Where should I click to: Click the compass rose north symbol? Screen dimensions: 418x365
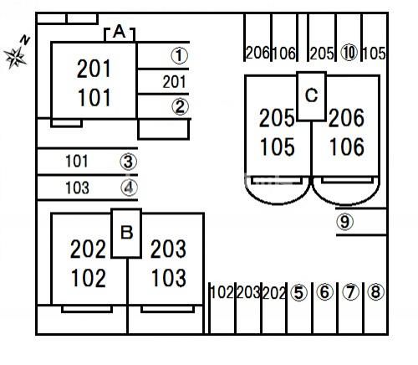(x=16, y=53)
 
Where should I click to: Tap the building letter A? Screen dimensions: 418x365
(x=120, y=32)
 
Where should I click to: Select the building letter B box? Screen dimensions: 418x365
(x=126, y=234)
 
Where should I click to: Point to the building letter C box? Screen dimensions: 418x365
(x=311, y=96)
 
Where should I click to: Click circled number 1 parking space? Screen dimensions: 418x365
(x=164, y=55)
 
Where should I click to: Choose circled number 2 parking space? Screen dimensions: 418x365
(x=164, y=106)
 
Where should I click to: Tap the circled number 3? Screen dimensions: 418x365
(x=129, y=162)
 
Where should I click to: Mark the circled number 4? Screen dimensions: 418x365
(x=129, y=188)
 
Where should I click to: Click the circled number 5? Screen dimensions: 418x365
(x=298, y=293)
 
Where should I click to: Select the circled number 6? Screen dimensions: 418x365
(x=325, y=292)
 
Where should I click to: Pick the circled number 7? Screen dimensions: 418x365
(x=350, y=292)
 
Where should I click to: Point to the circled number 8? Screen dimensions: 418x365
(x=375, y=291)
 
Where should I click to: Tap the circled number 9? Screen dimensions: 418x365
(x=345, y=222)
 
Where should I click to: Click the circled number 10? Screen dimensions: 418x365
(x=349, y=53)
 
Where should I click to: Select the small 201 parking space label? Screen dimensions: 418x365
(x=174, y=82)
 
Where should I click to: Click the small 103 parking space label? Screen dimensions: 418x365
(x=77, y=188)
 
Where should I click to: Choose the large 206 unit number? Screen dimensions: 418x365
(x=346, y=118)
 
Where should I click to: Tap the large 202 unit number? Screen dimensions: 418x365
(x=88, y=249)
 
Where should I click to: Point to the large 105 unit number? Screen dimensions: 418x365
(x=277, y=147)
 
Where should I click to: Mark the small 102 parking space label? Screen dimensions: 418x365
(x=222, y=292)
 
